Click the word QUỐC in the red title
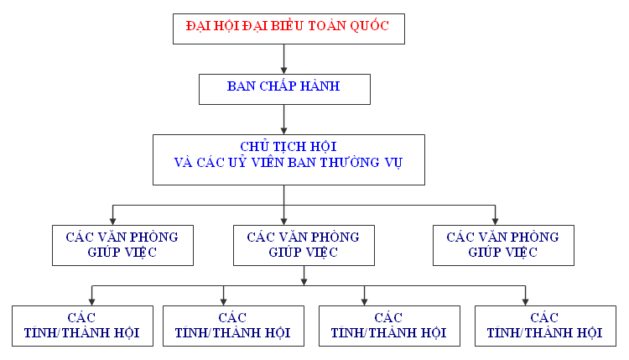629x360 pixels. coord(369,26)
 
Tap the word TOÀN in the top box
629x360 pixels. coord(326,26)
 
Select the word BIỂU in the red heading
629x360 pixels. coord(287,26)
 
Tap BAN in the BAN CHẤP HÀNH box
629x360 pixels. coord(241,86)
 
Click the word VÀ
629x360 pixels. coord(183,162)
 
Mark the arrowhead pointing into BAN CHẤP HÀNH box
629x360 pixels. coord(284,70)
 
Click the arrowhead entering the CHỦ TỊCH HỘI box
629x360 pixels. coord(284,131)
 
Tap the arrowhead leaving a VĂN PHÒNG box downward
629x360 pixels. coord(304,282)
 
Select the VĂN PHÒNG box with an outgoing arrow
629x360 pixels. coord(304,245)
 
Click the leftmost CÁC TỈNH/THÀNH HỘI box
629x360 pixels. coord(83,326)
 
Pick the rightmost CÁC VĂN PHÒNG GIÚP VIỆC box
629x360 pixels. coord(503,245)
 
